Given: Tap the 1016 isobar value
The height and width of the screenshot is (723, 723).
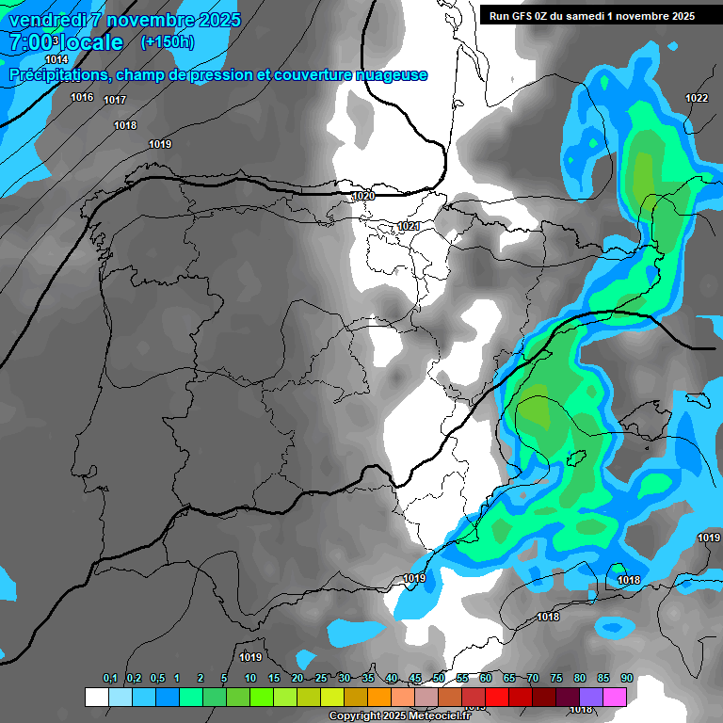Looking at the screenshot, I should point(82,97).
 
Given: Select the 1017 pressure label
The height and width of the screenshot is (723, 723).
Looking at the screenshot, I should point(115,100).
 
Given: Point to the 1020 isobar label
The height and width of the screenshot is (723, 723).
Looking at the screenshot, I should point(362,196).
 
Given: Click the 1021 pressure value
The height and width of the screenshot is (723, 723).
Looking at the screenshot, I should point(409,226).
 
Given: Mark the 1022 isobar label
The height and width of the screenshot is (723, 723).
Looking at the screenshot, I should point(697,98).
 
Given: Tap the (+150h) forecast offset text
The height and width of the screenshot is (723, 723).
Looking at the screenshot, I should point(167,41).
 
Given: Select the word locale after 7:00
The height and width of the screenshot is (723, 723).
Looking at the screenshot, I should point(90,42).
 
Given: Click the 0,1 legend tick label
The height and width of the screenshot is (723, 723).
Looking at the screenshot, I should point(110,679).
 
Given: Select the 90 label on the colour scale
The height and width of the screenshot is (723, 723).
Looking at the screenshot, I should point(626,679).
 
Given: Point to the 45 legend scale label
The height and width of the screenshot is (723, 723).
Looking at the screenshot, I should point(415,679).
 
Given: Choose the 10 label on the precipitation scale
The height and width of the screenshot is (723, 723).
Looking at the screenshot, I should point(250,679).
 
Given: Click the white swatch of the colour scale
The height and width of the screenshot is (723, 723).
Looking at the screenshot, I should point(96,697).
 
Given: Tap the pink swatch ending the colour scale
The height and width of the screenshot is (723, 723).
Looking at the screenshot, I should point(615,697).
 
